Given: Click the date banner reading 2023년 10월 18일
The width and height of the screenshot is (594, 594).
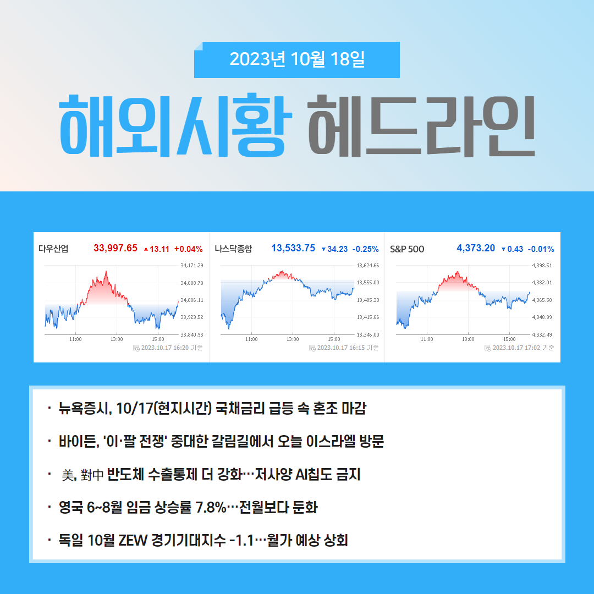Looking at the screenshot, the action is pyautogui.click(x=296, y=59).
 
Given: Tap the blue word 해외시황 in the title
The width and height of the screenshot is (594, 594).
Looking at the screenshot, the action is pyautogui.click(x=176, y=125).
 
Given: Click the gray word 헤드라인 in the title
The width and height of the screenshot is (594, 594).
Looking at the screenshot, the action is pyautogui.click(x=421, y=125).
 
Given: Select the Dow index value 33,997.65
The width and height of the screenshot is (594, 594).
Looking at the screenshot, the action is pyautogui.click(x=115, y=248).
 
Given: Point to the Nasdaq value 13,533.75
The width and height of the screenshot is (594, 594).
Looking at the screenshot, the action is pyautogui.click(x=293, y=248).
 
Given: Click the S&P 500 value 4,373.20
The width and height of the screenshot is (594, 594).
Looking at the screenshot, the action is pyautogui.click(x=476, y=248).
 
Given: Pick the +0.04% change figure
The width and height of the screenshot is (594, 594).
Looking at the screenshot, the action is pyautogui.click(x=188, y=249).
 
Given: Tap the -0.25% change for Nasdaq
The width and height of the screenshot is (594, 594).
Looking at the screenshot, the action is pyautogui.click(x=366, y=249).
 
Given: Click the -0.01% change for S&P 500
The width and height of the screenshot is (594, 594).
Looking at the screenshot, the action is pyautogui.click(x=541, y=249).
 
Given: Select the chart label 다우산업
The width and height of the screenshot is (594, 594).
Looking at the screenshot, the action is pyautogui.click(x=53, y=249).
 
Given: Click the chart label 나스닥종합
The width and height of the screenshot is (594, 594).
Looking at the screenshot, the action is pyautogui.click(x=233, y=249).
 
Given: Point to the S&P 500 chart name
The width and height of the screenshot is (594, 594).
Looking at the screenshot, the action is pyautogui.click(x=407, y=249).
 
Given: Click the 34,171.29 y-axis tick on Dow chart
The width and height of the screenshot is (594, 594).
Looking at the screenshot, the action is pyautogui.click(x=192, y=265).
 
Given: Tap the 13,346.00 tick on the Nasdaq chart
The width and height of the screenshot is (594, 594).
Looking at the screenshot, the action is pyautogui.click(x=368, y=335).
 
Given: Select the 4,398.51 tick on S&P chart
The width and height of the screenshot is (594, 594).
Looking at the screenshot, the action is pyautogui.click(x=542, y=265).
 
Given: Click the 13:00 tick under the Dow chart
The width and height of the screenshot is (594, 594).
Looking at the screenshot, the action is pyautogui.click(x=117, y=339).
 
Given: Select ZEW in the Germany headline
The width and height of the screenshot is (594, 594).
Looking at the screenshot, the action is pyautogui.click(x=133, y=540).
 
